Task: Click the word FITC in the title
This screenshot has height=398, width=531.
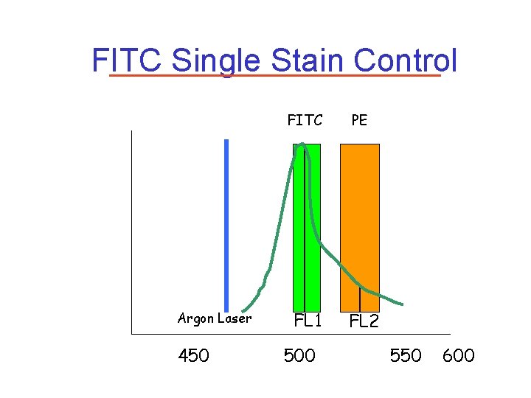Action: point(126,60)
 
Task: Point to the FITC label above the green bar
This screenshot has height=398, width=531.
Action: point(305,120)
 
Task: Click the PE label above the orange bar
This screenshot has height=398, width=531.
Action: point(359,120)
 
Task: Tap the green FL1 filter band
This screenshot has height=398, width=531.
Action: point(313,221)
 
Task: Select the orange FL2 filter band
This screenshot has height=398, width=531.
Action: point(359,221)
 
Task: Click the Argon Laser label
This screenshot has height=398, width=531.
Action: point(215,319)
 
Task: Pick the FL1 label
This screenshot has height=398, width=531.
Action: point(308,321)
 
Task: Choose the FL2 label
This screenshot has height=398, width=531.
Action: point(364,321)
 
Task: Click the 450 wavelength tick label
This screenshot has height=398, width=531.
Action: point(193,356)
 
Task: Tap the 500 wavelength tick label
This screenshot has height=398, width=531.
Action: point(299,356)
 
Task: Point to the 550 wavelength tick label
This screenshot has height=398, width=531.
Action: point(406,356)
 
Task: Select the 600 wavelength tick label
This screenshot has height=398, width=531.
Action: point(458,356)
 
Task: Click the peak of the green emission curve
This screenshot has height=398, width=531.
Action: point(301,145)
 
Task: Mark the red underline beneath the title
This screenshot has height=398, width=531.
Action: point(274,75)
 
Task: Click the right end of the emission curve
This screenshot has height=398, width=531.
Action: point(401,304)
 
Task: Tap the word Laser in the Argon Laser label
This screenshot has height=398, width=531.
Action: point(236,319)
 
